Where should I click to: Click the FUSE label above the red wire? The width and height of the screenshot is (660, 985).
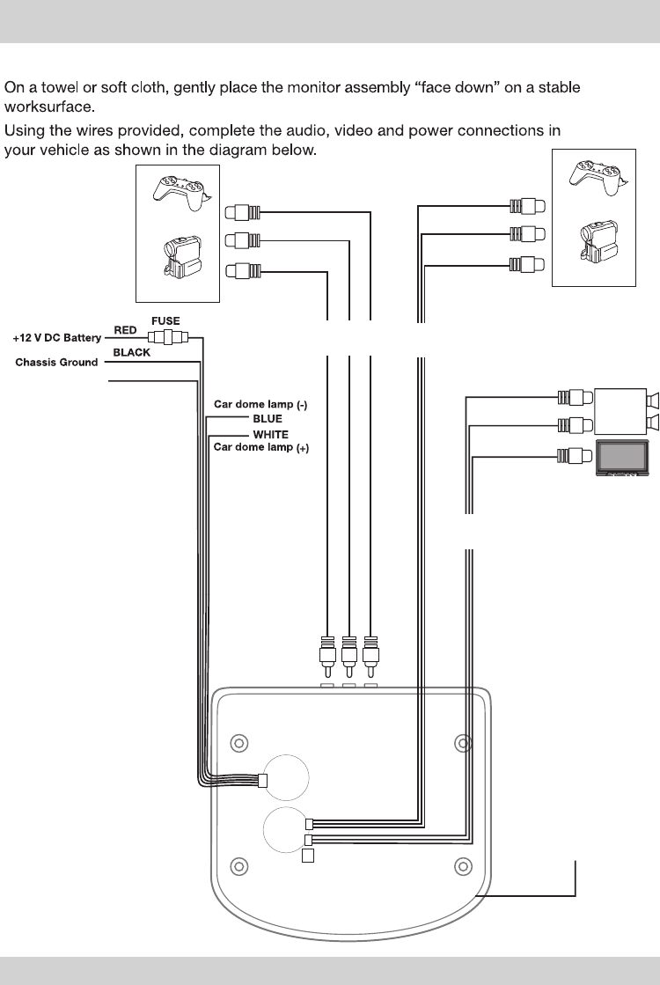point(165,321)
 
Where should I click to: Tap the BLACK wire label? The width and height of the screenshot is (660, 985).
point(132,352)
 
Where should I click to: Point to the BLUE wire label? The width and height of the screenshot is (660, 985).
point(268,419)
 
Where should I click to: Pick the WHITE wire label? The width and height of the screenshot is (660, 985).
point(270,435)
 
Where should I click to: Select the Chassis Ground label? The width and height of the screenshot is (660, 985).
point(56,363)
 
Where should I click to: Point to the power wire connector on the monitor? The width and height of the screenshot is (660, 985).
point(262,779)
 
